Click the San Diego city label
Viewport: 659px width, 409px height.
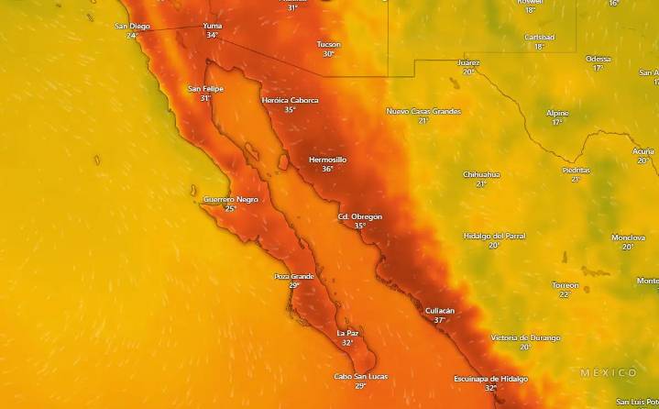pos(132,26)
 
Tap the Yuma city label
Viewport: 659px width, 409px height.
pos(212,26)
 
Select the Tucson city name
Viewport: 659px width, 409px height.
pos(328,44)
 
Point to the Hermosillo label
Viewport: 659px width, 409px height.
pos(327,160)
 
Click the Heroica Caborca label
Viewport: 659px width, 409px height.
pos(290,100)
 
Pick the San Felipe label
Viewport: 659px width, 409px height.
pos(205,88)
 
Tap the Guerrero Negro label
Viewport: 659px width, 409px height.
pos(230,199)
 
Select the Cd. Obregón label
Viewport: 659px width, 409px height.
pos(359,216)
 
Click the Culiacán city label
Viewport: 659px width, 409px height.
pos(440,311)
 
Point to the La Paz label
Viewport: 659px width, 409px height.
pos(347,333)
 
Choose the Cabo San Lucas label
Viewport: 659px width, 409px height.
pos(360,376)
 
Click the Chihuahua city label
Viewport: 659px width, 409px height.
pos(481,173)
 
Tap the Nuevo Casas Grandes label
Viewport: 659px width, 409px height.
pos(423,111)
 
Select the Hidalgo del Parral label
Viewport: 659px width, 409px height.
pos(494,236)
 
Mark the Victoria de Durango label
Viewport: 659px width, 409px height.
pos(525,337)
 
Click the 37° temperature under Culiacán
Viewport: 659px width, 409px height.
pos(440,320)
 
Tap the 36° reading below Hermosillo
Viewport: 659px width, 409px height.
pos(327,169)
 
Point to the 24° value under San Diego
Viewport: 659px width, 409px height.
pos(132,35)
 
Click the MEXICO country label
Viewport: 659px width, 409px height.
pos(609,372)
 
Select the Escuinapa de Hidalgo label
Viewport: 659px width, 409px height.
pos(490,379)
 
